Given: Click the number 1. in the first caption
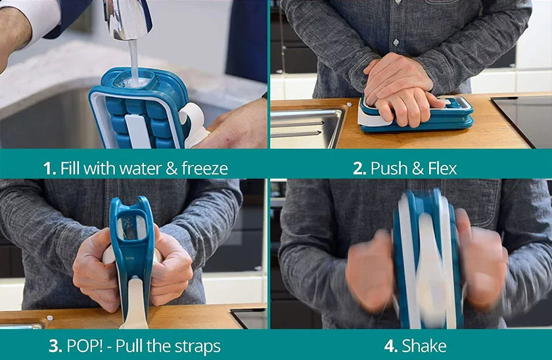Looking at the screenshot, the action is pyautogui.click(x=50, y=168).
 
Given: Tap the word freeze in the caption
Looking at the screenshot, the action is pyautogui.click(x=205, y=168).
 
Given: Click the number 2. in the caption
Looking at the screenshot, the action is pyautogui.click(x=359, y=168).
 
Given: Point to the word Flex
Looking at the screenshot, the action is pyautogui.click(x=442, y=168).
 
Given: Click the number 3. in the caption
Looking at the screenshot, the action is pyautogui.click(x=55, y=346).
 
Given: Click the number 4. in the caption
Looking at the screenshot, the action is pyautogui.click(x=391, y=346).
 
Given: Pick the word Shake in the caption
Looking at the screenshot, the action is pyautogui.click(x=425, y=346).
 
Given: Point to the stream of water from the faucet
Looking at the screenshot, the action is pyautogui.click(x=134, y=62).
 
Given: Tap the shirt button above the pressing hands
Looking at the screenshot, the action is pyautogui.click(x=396, y=43).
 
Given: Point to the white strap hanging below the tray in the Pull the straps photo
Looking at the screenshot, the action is pyautogui.click(x=135, y=304).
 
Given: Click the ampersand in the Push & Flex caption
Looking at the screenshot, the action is pyautogui.click(x=417, y=168).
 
